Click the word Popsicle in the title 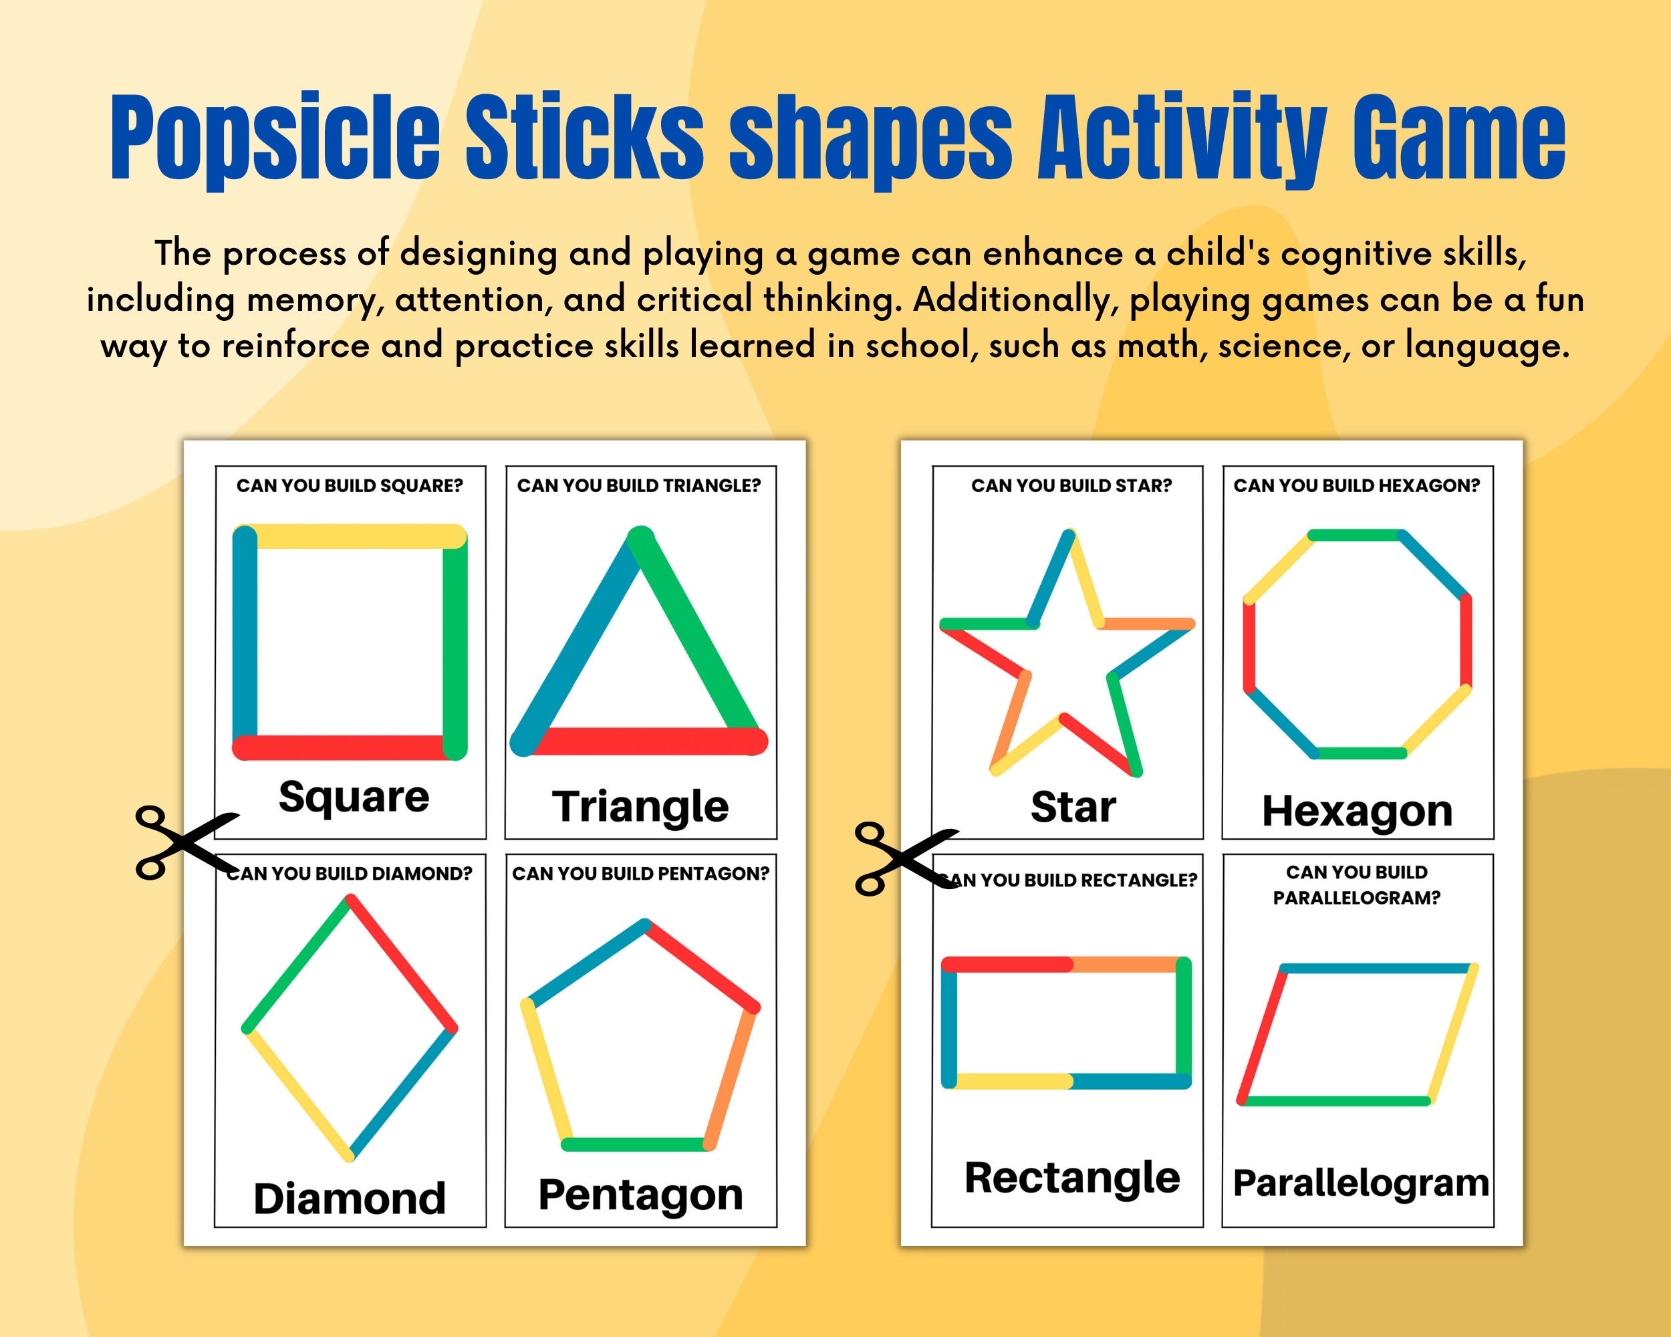click(275, 140)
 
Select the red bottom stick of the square click(341, 747)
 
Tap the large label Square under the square click(354, 797)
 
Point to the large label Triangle click(640, 807)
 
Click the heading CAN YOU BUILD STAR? click(1071, 486)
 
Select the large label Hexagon click(1357, 812)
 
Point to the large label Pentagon click(640, 1195)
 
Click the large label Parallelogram click(1361, 1183)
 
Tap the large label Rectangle click(1072, 1178)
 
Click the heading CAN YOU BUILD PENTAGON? click(640, 874)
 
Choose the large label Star click(1073, 807)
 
